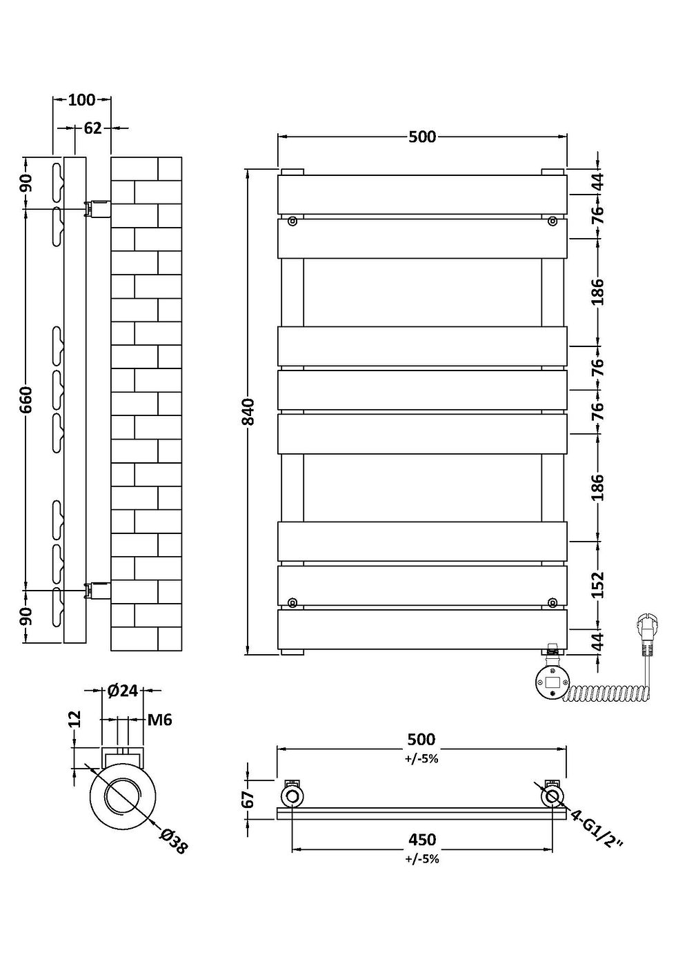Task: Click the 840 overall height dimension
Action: coord(249,412)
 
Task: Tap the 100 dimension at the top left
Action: coord(81,100)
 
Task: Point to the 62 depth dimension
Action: coord(92,128)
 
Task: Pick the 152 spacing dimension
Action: coord(597,585)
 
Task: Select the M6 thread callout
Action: coord(160,720)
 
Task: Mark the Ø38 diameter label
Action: coord(173,841)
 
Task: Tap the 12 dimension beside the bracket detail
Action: coord(76,719)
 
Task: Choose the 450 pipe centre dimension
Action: coord(421,839)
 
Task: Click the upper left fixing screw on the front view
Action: coord(292,221)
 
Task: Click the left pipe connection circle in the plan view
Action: coord(292,798)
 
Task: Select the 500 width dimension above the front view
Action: coord(421,137)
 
